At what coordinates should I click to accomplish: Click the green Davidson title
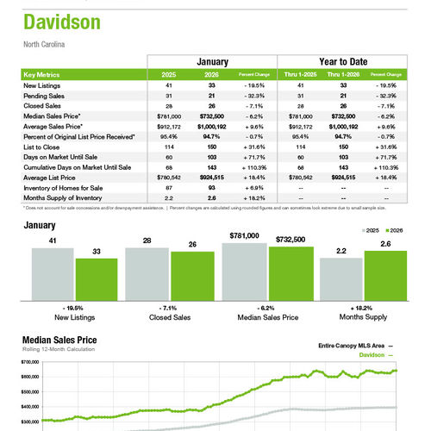point(61,22)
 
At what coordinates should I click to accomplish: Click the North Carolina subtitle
point(46,44)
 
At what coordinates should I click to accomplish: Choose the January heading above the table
point(212,62)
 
